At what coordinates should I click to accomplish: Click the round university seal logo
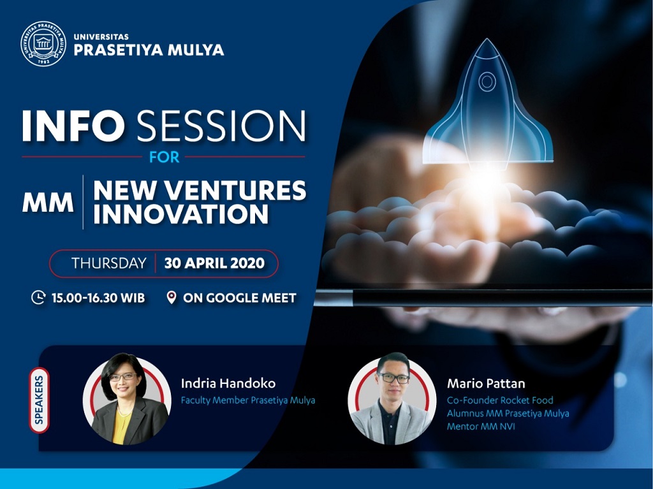pos(43,44)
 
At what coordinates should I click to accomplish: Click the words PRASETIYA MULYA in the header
pos(149,50)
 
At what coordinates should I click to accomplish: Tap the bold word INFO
pos(73,126)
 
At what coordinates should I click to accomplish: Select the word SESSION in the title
pos(221,126)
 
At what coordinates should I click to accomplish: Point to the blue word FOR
pos(165,157)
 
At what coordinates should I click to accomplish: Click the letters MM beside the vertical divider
pos(47,203)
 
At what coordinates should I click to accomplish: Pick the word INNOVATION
pos(181,214)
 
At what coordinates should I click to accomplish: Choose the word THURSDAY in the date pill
pos(108,263)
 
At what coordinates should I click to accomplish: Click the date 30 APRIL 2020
pos(214,263)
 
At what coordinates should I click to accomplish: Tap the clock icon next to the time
pos(38,297)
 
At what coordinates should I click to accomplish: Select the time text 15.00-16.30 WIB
pos(98,298)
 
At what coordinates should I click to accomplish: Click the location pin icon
pos(171,297)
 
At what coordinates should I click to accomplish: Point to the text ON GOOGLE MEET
pos(240,298)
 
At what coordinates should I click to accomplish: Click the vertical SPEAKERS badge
pos(39,400)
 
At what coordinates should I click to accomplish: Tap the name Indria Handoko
pos(228,383)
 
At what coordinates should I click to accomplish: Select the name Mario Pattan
pos(486,383)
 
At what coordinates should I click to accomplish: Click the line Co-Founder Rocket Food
pos(500,400)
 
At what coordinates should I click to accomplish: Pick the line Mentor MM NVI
pos(481,427)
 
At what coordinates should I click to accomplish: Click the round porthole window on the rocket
pos(487,81)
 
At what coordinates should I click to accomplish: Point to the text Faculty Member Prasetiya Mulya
pos(248,400)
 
